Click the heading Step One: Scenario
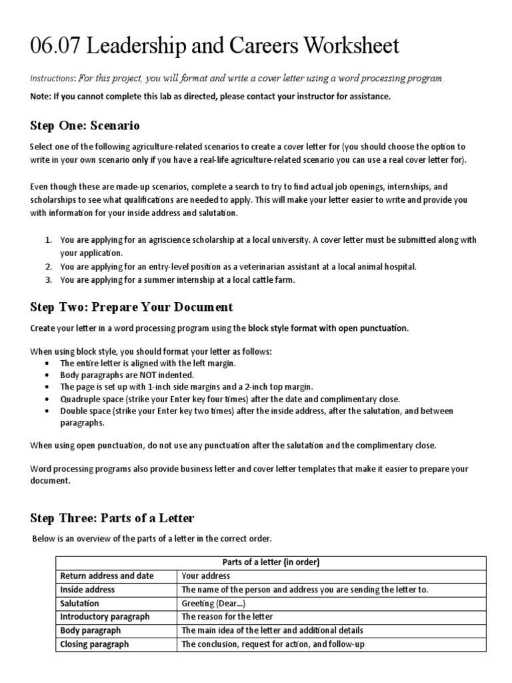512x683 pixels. pos(85,125)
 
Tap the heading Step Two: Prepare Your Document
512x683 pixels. pos(131,307)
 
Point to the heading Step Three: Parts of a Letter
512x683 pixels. pos(112,518)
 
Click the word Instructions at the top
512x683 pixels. pos(53,79)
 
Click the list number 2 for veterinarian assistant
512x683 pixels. pos(49,267)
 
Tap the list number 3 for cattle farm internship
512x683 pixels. pos(49,280)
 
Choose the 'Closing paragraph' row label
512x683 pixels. pos(94,644)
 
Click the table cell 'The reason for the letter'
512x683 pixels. pos(226,617)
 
